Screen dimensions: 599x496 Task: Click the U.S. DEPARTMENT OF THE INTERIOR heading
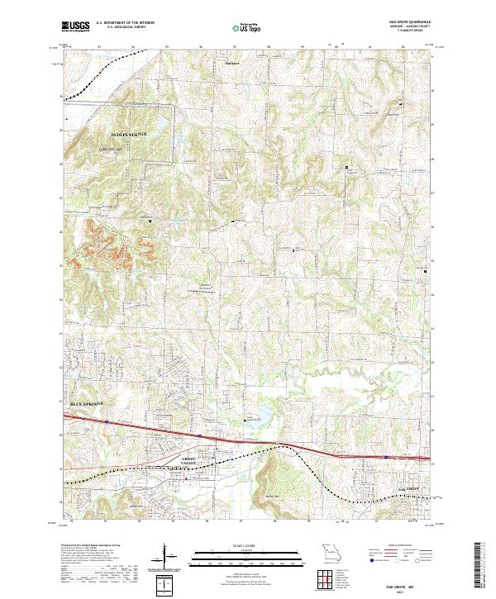125,23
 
